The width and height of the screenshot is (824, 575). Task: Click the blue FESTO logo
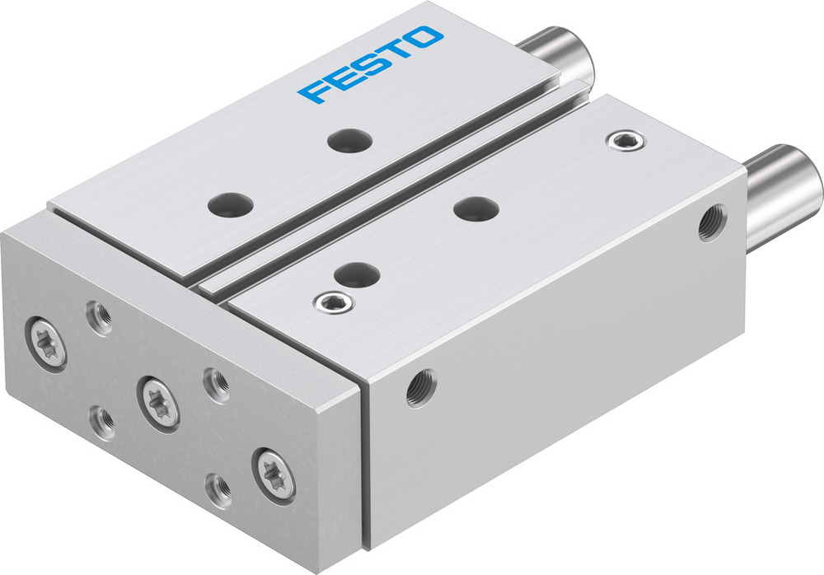click(370, 64)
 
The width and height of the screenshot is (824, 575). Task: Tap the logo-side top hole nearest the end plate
click(230, 203)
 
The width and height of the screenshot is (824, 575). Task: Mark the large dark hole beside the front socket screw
click(356, 273)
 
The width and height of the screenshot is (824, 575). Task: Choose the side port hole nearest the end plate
click(420, 387)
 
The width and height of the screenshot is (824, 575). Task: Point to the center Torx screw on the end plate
click(157, 400)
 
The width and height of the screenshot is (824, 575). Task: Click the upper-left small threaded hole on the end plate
click(100, 317)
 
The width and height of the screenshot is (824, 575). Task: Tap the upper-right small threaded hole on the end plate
click(217, 383)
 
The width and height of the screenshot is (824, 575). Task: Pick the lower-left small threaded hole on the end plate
click(103, 421)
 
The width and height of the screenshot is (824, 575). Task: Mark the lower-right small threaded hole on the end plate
click(218, 489)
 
